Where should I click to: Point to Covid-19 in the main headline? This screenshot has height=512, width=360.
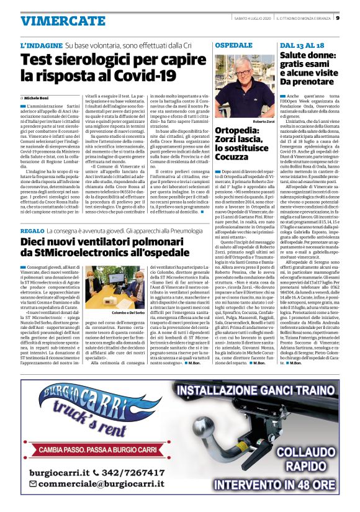(x=144, y=76)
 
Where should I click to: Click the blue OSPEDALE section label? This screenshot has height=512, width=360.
(x=234, y=46)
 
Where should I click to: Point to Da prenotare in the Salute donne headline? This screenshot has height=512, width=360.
(x=310, y=81)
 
